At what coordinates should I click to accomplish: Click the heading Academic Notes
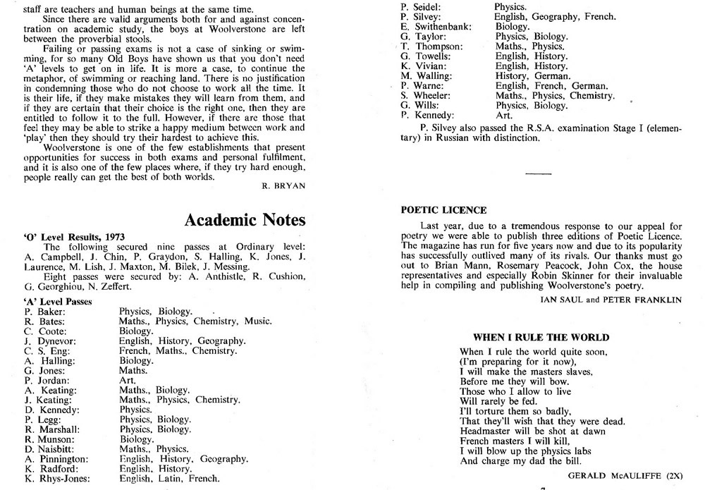245,220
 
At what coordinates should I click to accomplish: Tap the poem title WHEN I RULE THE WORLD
541,338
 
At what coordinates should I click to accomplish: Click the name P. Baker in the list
45,311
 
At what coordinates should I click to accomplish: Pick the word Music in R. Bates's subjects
258,321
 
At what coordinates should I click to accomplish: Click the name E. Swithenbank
435,26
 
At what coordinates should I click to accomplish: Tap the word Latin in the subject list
173,478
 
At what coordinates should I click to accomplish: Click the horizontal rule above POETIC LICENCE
538,173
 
